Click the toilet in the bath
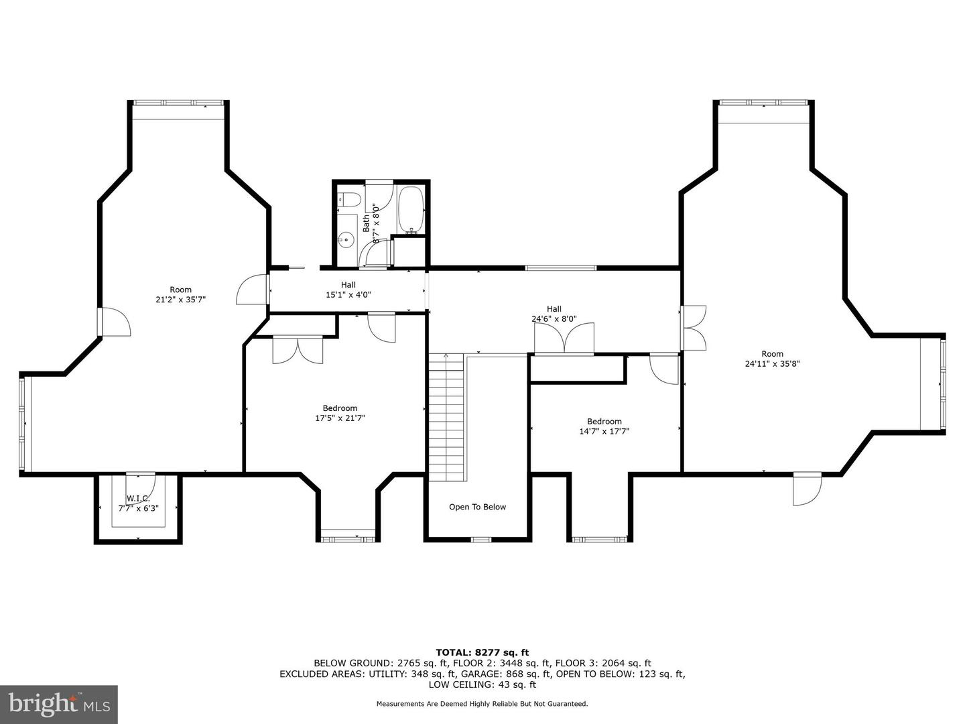(x=350, y=200)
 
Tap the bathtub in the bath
(x=411, y=210)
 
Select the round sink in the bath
(x=348, y=240)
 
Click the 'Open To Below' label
(x=477, y=507)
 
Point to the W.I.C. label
(x=138, y=499)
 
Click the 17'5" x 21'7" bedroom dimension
(x=340, y=418)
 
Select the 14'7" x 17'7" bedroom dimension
(x=604, y=431)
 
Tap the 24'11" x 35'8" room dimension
(x=772, y=363)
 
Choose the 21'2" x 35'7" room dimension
(x=181, y=300)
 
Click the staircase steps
(x=447, y=417)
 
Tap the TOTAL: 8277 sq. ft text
(x=482, y=652)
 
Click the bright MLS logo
(x=59, y=704)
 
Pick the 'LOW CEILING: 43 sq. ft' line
(x=482, y=684)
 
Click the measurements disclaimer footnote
(x=482, y=704)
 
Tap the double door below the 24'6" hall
(x=564, y=339)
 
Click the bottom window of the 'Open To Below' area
(x=480, y=540)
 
